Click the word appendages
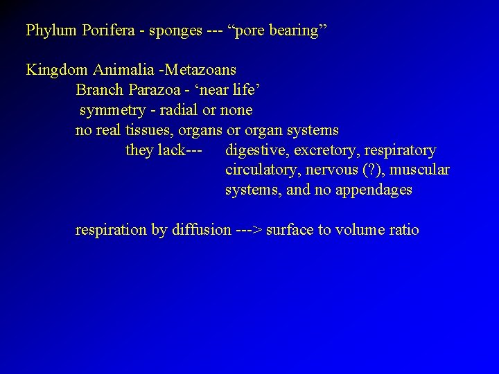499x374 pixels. tap(374, 190)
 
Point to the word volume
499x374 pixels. tap(361, 230)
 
